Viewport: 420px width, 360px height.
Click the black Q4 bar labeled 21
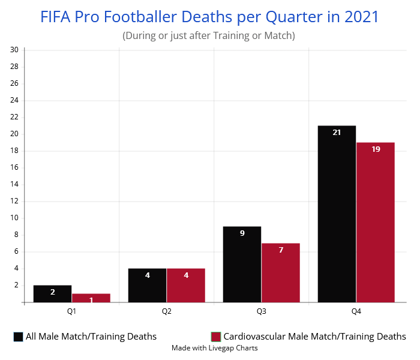point(337,214)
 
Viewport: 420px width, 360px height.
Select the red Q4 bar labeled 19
point(375,222)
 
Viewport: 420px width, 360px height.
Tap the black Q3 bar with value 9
point(242,264)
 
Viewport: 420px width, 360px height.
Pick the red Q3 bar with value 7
point(280,272)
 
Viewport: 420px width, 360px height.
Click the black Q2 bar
point(147,285)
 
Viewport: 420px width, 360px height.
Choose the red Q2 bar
point(185,285)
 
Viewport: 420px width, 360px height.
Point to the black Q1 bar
point(52,293)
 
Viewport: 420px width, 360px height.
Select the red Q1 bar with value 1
point(91,298)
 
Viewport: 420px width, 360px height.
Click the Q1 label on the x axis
point(71,312)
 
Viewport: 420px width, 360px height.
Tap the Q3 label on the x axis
point(262,312)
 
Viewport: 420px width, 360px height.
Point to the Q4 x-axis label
point(356,312)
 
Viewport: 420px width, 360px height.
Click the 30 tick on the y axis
point(14,49)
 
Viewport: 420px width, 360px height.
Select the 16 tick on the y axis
point(14,167)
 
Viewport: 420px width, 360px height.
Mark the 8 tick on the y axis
point(16,235)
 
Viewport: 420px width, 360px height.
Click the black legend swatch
point(18,337)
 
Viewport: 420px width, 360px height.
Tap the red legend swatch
point(216,337)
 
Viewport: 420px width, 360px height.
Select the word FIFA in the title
point(55,16)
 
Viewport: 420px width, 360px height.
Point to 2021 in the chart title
point(362,16)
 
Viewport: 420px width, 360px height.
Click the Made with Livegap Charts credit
point(214,348)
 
